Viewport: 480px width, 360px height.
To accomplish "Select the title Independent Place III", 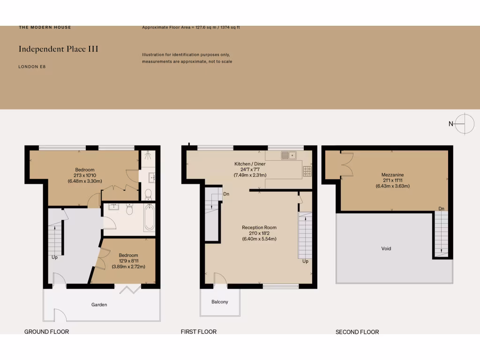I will [58, 49].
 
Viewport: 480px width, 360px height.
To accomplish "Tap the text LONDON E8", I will [32, 67].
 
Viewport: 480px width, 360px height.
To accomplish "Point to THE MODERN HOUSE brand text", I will [45, 27].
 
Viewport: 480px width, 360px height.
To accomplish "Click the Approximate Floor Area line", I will [191, 28].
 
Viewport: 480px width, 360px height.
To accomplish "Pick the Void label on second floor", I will [386, 248].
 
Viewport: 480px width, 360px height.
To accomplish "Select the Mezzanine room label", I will [392, 175].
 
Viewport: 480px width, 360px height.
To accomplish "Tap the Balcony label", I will [220, 302].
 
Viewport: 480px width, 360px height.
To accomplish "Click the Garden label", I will [99, 305].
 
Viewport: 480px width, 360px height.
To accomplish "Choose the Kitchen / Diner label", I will [250, 164].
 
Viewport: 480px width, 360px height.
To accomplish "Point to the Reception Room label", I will [259, 228].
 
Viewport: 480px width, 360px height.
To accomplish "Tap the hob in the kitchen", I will [307, 172].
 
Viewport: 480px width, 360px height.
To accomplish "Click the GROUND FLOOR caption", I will [46, 332].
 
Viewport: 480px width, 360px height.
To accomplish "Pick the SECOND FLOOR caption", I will [357, 332].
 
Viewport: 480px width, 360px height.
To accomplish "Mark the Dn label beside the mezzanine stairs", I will [441, 209].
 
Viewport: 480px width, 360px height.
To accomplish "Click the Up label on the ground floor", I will [55, 257].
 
